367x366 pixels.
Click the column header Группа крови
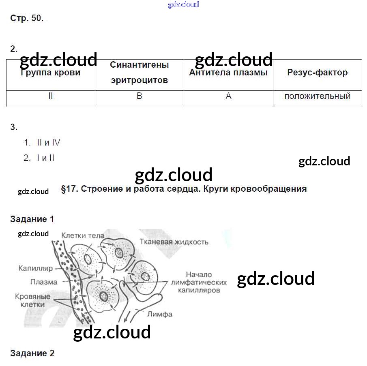[x=50, y=73]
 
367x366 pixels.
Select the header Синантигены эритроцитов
[x=139, y=73]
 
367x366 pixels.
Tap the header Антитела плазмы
[x=228, y=73]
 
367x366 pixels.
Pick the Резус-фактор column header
[x=317, y=73]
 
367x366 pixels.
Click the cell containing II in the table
[x=50, y=96]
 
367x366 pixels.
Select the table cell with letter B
[x=139, y=96]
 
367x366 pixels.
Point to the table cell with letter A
[x=228, y=96]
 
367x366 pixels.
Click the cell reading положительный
[x=317, y=96]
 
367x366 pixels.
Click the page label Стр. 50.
[x=27, y=19]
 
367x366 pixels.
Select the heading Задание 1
[x=32, y=219]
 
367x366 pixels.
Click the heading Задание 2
[x=32, y=353]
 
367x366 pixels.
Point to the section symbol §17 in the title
[x=69, y=189]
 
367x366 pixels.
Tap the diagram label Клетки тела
[x=83, y=235]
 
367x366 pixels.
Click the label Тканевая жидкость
[x=174, y=242]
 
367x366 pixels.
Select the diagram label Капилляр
[x=36, y=268]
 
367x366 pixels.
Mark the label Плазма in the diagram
[x=44, y=282]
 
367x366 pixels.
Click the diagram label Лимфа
[x=160, y=314]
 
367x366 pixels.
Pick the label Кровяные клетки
[x=33, y=300]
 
